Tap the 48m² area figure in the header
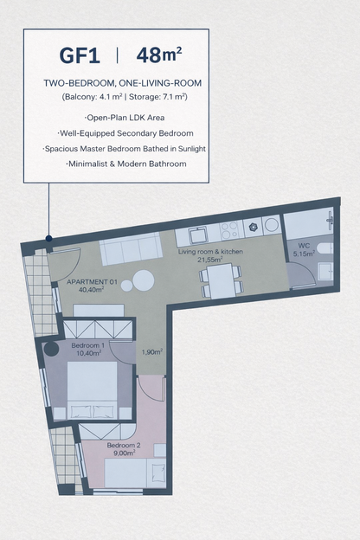[158, 56]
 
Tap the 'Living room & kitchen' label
[210, 252]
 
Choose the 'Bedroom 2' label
[124, 446]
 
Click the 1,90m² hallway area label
[151, 352]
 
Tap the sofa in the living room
[130, 250]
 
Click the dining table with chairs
[221, 280]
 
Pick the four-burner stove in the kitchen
[229, 230]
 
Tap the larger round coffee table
[144, 280]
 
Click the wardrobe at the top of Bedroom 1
[98, 329]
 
